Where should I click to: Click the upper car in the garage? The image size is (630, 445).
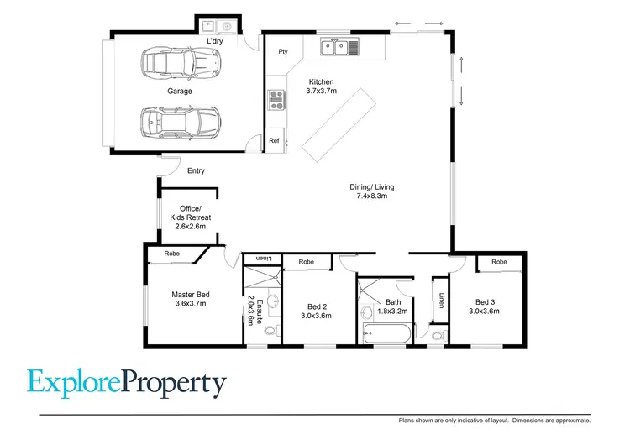[x=179, y=62]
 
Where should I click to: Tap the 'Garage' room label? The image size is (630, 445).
[x=179, y=91]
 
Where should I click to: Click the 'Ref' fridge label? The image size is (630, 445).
[x=274, y=141]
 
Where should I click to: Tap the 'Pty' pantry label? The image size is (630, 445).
[x=283, y=51]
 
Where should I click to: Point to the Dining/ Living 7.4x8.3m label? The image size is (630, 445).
[x=372, y=192]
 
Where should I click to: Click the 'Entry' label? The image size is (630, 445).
[x=196, y=171]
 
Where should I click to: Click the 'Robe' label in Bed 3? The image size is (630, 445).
[x=499, y=262]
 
